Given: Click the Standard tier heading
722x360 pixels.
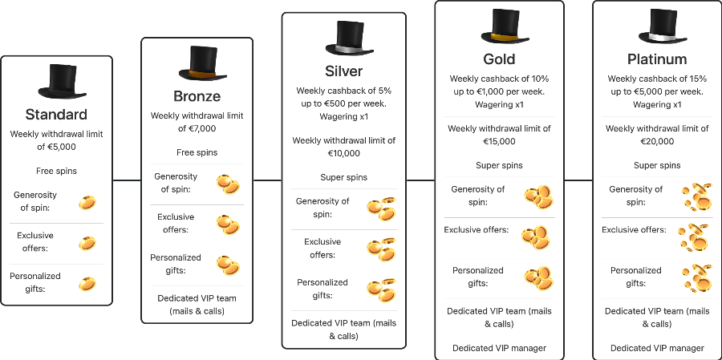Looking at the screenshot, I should (x=56, y=114).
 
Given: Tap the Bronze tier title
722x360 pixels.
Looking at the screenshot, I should (x=197, y=96).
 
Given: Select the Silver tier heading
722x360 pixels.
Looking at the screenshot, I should (x=343, y=71).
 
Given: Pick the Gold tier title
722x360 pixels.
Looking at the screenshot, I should (x=499, y=59).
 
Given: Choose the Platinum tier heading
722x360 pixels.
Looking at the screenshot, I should (x=657, y=59).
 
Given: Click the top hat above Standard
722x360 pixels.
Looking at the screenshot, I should (x=56, y=80).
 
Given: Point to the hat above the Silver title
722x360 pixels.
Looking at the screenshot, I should (x=344, y=38).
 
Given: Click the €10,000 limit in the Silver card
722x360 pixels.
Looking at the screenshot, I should (x=343, y=153).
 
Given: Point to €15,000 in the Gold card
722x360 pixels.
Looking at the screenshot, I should (x=499, y=141).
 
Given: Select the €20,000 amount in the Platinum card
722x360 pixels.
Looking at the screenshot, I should (x=657, y=141).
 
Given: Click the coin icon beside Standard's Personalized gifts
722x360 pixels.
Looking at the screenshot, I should (x=87, y=283).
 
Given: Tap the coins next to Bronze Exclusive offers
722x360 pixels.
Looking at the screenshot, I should (x=228, y=224).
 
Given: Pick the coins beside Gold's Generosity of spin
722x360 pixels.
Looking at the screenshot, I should (x=537, y=196).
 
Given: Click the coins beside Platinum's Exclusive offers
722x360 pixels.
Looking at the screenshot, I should (x=694, y=237).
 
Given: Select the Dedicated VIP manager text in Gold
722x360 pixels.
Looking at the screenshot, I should (x=499, y=348).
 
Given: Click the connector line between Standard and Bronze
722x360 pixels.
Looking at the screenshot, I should (x=126, y=180).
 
